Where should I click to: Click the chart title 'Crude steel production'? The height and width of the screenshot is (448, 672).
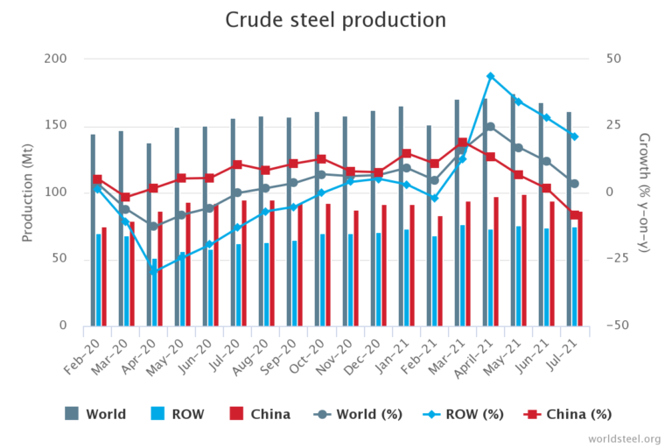pos(336,20)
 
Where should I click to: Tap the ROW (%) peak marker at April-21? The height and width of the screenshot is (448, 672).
pos(491,76)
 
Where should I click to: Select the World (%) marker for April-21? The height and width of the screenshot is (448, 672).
pos(491,127)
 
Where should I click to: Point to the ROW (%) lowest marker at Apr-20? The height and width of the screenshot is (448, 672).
pos(153,271)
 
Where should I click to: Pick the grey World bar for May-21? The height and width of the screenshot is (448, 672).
pos(513,210)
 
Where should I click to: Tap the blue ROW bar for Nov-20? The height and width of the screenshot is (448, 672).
pos(351,279)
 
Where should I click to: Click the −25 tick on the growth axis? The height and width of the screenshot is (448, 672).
pos(615,259)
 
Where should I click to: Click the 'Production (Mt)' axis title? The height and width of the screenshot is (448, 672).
pos(27,192)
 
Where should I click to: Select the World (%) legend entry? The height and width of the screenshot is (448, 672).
pos(446,414)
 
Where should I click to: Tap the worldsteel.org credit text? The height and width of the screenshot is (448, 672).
pos(624,438)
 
